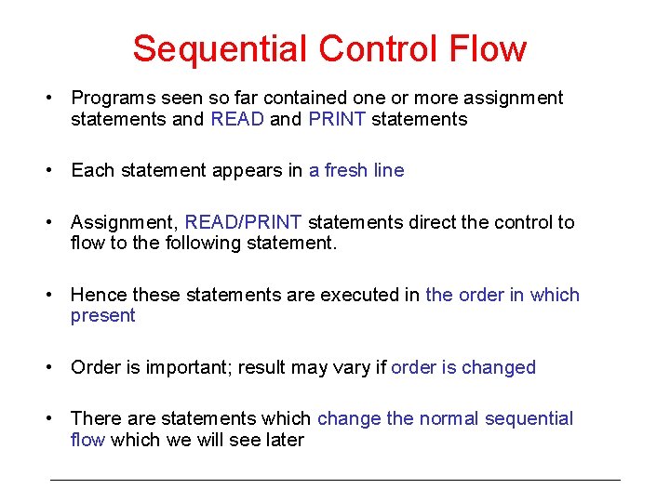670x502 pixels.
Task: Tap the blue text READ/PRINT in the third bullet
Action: click(x=243, y=222)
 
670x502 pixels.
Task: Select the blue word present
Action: click(x=102, y=315)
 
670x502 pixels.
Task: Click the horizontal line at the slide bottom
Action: click(x=335, y=480)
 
